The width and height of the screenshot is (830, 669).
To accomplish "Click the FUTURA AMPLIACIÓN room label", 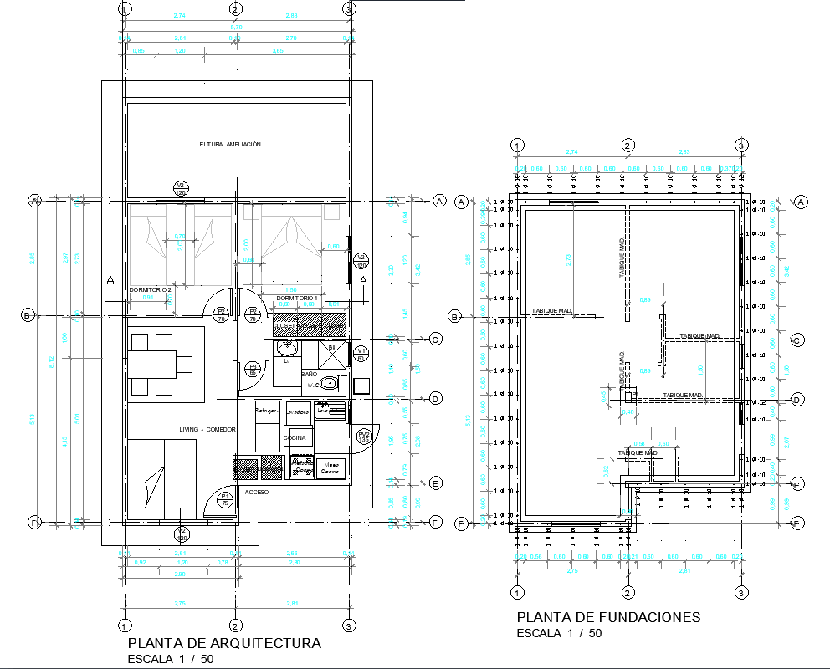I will [x=230, y=145].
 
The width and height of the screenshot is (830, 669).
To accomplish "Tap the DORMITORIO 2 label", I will [x=151, y=289].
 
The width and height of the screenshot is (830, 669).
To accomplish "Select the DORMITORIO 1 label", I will [x=297, y=298].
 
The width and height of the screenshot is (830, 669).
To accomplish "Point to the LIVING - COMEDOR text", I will [x=207, y=429].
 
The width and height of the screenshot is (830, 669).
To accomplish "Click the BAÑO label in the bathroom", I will [x=310, y=375].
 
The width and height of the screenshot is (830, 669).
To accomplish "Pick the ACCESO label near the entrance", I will [x=257, y=493].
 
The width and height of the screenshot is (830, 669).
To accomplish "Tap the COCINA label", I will [x=295, y=437].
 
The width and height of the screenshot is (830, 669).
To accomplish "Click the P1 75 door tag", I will [x=225, y=500].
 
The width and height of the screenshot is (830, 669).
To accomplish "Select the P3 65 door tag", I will [x=253, y=369].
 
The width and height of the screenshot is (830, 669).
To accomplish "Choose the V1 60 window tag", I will [x=361, y=354].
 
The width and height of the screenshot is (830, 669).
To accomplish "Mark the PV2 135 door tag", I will [x=364, y=437].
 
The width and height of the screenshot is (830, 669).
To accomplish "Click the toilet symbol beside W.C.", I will [x=332, y=384].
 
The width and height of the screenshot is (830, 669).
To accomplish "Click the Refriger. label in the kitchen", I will [x=266, y=411].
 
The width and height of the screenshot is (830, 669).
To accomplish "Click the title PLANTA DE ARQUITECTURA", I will [x=224, y=644].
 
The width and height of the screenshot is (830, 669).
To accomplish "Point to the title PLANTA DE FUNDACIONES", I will [x=608, y=618].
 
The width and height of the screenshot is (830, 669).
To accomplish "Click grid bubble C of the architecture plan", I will [x=435, y=340].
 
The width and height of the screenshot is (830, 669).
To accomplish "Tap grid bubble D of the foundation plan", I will [x=797, y=400].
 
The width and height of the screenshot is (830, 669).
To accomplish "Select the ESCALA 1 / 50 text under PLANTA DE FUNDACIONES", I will [x=559, y=633].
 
